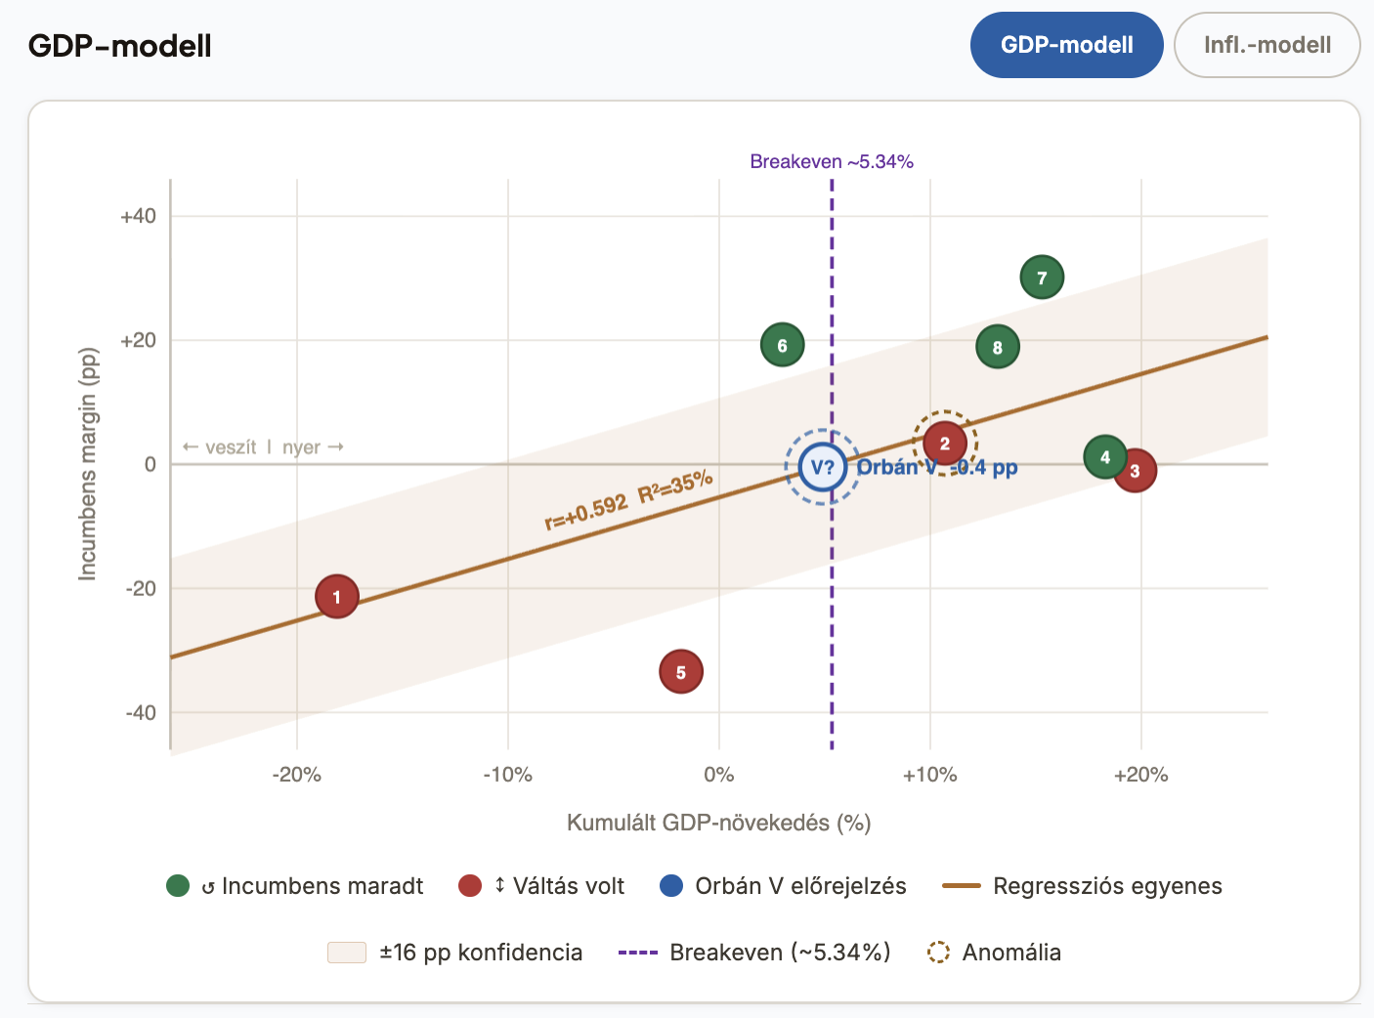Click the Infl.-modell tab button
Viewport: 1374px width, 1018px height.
[1267, 45]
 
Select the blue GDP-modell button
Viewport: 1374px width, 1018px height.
[1066, 45]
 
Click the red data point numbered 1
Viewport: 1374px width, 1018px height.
[337, 596]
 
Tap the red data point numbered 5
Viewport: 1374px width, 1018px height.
[681, 672]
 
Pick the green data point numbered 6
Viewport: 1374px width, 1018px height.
[782, 345]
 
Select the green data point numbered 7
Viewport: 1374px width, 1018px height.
[1042, 277]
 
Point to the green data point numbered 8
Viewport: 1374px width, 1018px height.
[997, 347]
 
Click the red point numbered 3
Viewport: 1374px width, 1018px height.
[1136, 471]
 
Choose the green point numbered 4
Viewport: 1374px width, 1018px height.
[1104, 456]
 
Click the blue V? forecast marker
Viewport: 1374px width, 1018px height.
[823, 467]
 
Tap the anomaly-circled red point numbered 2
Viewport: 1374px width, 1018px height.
[945, 443]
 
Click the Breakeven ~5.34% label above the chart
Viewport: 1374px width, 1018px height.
[832, 161]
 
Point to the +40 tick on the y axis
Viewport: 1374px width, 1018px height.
[138, 216]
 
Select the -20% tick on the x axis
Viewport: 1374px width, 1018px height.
[296, 775]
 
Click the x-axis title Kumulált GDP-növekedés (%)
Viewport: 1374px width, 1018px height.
[718, 823]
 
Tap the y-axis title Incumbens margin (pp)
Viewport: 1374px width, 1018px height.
[88, 464]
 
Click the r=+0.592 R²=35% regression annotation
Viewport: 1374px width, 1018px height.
[628, 499]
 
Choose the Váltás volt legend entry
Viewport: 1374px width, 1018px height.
[541, 886]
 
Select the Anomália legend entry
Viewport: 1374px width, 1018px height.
[994, 953]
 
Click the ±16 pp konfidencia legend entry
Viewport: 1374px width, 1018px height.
[455, 953]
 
